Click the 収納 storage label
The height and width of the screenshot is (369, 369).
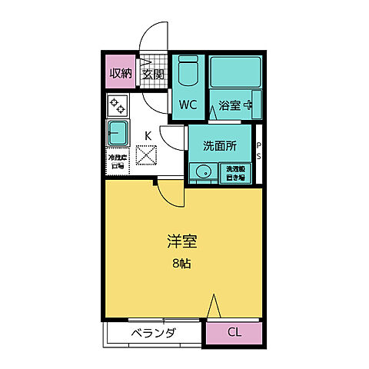[120, 74]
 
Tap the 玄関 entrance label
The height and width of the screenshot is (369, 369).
[153, 74]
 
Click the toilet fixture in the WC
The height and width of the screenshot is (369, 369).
[188, 76]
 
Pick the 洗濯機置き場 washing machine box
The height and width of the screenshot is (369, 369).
[234, 173]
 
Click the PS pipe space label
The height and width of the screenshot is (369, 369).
[259, 151]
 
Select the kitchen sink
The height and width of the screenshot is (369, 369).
[118, 132]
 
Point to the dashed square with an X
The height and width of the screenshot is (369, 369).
[146, 157]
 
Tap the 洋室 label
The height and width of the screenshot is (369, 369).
[182, 242]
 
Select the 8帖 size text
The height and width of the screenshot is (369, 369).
[182, 264]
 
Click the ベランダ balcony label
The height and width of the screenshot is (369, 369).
[153, 334]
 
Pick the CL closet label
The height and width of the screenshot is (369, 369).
[234, 334]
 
